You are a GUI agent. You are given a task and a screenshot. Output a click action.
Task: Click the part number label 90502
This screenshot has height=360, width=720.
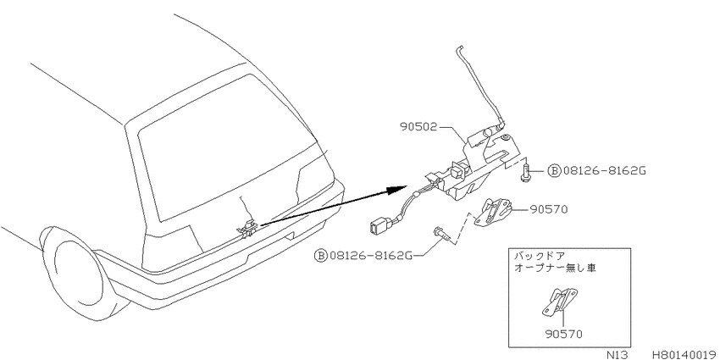pyautogui.click(x=418, y=127)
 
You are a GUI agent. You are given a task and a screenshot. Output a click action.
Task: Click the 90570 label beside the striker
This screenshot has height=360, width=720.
pyautogui.click(x=549, y=209)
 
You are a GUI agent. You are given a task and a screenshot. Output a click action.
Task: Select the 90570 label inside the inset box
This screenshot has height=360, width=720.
pyautogui.click(x=564, y=334)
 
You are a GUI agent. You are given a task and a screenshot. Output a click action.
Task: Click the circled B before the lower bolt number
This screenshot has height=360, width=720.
pyautogui.click(x=320, y=254)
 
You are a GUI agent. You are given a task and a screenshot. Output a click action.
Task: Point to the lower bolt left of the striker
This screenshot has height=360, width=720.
pyautogui.click(x=441, y=233)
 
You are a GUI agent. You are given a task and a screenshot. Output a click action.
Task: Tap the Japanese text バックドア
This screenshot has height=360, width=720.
pyautogui.click(x=538, y=256)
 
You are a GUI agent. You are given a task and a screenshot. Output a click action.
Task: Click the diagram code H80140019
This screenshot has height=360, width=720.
pyautogui.click(x=684, y=355)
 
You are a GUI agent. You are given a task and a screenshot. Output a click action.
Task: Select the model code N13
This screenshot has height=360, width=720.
pyautogui.click(x=617, y=355)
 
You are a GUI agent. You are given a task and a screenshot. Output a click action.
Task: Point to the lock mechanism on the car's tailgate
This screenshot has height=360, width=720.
pyautogui.click(x=247, y=228)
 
